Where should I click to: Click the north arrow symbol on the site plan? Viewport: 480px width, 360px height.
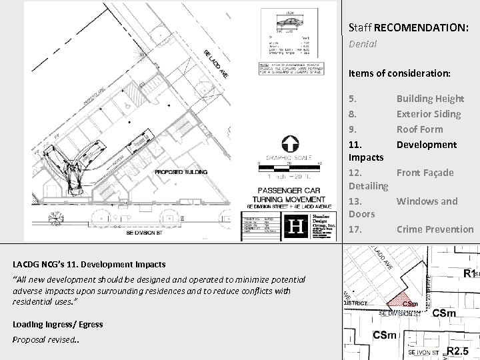coord(290,143)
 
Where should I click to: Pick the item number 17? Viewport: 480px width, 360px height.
coord(355,229)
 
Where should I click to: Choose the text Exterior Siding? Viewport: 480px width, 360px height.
coord(428,114)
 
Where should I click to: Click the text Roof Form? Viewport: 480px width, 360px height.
coord(419,129)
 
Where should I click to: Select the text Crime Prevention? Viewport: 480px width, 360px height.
coord(435,229)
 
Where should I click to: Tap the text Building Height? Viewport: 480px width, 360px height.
coord(430,99)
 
